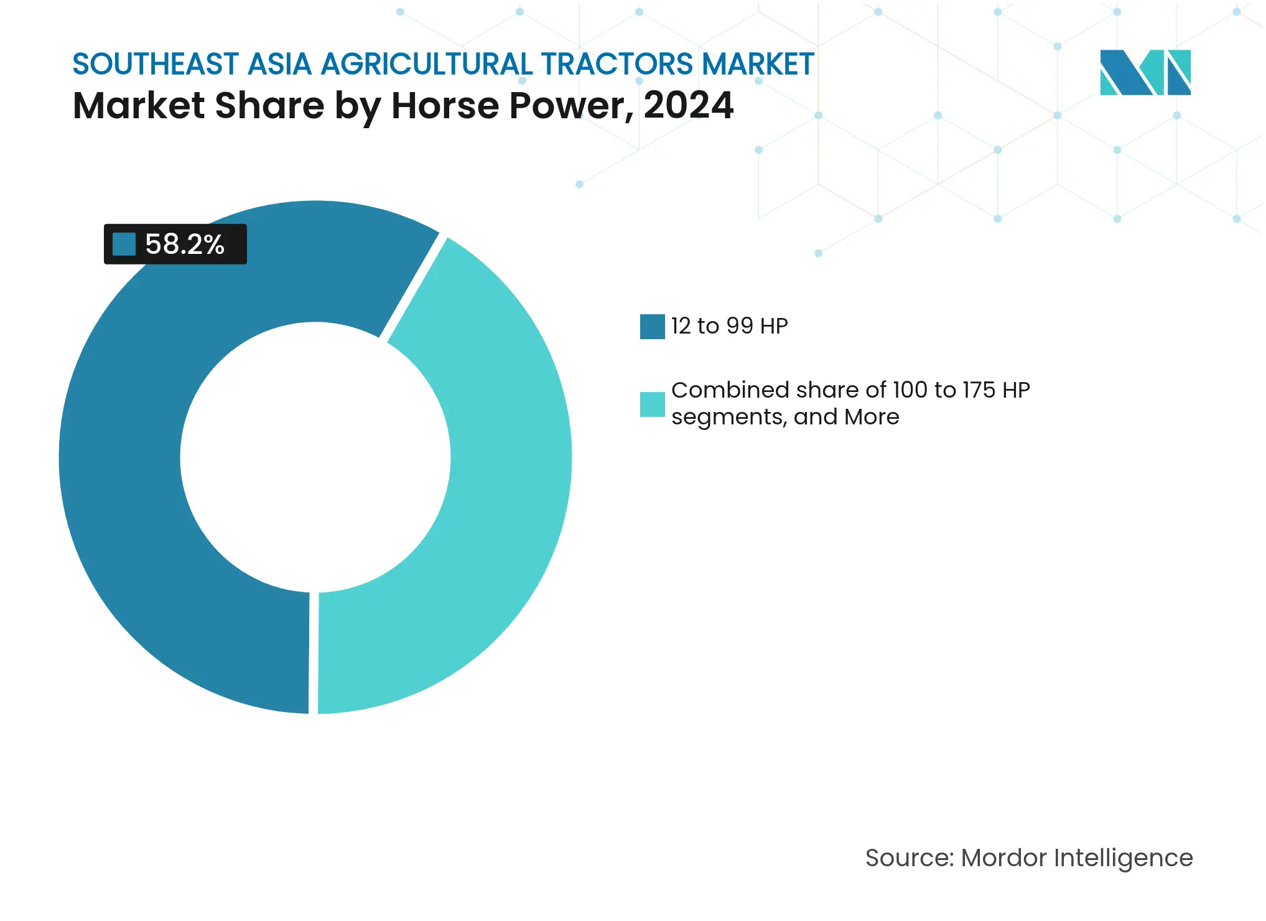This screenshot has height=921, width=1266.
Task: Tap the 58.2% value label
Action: tap(184, 244)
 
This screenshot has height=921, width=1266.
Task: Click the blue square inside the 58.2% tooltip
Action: tap(124, 244)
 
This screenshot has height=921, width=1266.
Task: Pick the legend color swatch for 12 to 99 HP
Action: tap(652, 326)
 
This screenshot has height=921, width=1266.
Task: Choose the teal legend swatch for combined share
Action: tap(652, 404)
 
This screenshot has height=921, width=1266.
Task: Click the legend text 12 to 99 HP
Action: tap(729, 326)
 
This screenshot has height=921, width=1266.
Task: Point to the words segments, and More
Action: tap(785, 416)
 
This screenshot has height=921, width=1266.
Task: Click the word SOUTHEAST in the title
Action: tap(156, 64)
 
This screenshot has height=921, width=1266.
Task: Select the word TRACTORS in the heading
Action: tap(617, 64)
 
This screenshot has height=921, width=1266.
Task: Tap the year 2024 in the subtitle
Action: tap(688, 105)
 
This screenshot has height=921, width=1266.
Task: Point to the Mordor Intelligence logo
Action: tap(1145, 72)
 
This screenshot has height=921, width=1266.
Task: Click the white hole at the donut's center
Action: tap(315, 457)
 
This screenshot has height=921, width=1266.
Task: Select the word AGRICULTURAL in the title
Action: tap(427, 64)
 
